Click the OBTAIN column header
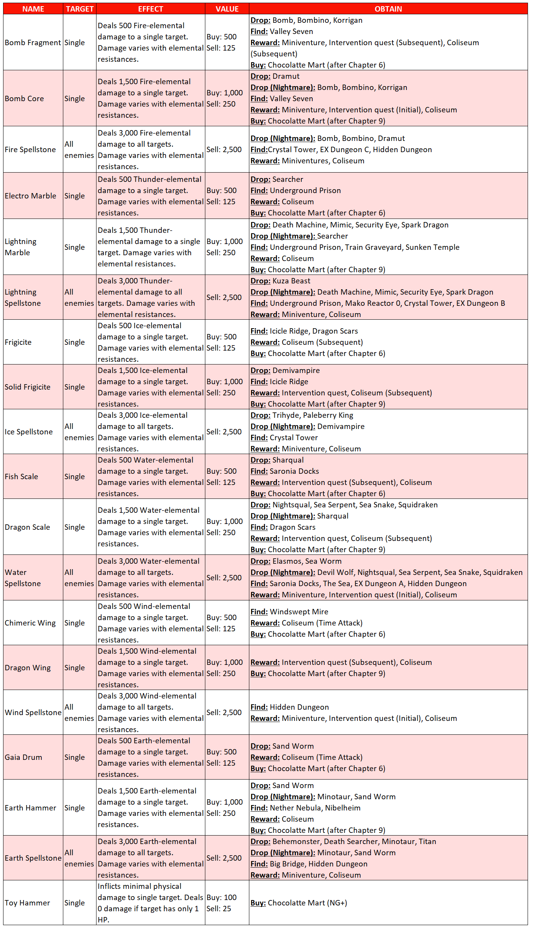tap(388, 9)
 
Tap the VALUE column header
tap(227, 9)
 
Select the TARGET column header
tap(80, 9)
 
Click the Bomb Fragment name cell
tap(33, 42)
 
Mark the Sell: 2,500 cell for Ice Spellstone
tap(224, 432)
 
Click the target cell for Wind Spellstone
tap(79, 712)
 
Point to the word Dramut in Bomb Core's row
tap(286, 76)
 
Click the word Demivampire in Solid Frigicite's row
tap(296, 370)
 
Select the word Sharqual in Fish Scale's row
tap(288, 460)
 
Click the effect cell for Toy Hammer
tap(150, 903)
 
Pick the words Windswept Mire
tap(299, 612)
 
